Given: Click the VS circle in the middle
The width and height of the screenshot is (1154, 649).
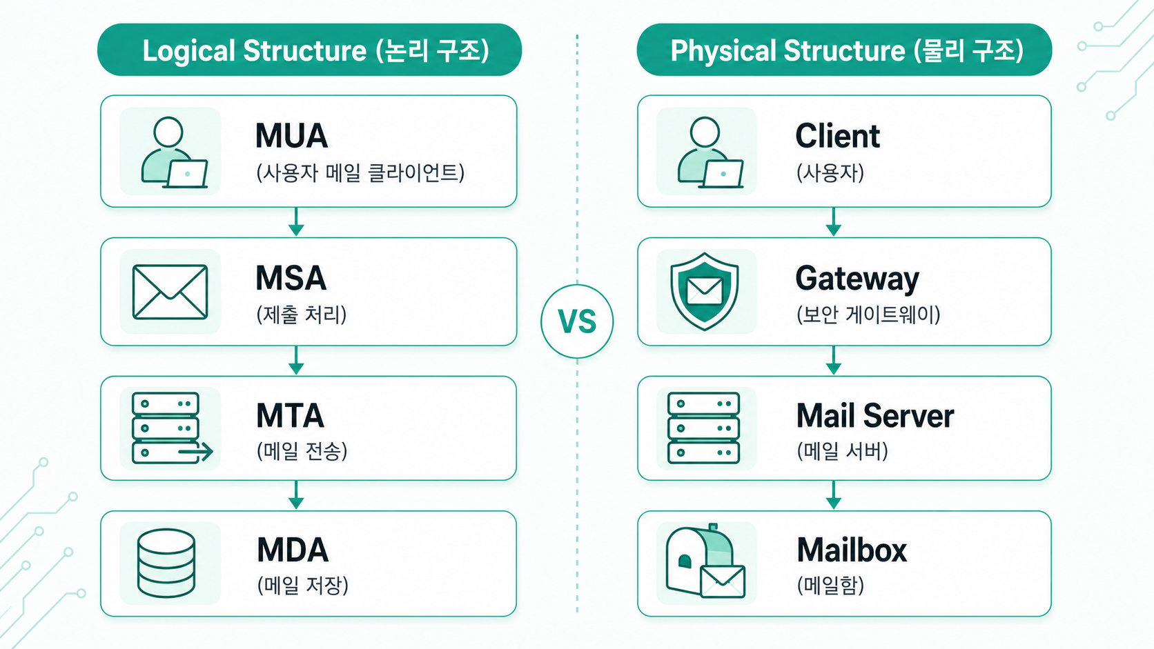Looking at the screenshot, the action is (577, 321).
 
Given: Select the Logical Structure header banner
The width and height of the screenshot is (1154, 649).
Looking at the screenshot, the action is (310, 50).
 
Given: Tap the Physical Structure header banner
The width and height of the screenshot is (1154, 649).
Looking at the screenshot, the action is (844, 50).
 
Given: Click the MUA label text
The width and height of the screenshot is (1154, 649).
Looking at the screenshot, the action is (291, 136).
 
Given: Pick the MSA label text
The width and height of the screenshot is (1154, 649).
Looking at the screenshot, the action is (291, 278).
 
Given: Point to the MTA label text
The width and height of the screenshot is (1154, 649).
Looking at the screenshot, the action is (291, 415).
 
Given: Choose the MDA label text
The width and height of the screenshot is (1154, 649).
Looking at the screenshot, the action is (293, 550).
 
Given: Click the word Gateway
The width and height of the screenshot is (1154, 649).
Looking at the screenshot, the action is (857, 279).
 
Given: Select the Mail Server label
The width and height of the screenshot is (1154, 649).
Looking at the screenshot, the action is (875, 415).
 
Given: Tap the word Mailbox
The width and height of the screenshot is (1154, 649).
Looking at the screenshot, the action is (852, 550).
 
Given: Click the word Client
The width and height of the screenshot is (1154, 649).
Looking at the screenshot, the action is (838, 136).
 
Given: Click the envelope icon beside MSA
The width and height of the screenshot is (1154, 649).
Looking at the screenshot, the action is (170, 292).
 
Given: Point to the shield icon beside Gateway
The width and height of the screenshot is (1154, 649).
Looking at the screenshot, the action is (704, 291).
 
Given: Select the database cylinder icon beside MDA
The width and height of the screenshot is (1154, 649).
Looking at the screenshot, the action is (166, 563).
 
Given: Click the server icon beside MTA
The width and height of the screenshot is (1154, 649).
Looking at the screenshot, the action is (172, 428).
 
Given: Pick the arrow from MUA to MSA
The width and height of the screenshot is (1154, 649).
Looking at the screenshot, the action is (295, 222).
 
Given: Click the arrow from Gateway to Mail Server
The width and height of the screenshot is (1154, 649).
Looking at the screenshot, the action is (834, 360).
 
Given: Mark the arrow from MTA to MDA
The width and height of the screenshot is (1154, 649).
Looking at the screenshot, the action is (295, 495).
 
